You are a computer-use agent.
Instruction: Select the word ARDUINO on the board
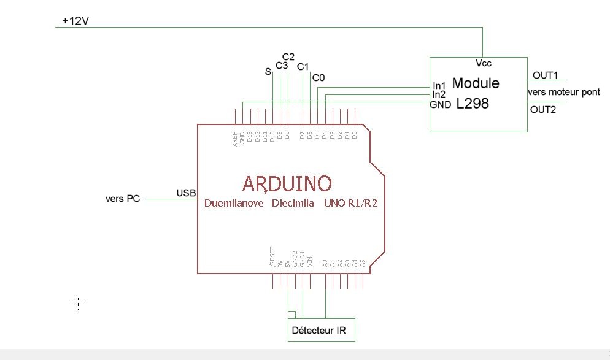point(287,183)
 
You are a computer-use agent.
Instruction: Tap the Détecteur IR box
point(322,330)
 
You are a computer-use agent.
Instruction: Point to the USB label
point(186,193)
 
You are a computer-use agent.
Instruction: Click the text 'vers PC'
point(123,199)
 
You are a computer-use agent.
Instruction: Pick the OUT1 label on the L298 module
point(545,75)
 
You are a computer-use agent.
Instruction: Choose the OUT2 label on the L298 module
point(543,110)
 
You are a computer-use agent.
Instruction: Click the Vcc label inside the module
point(483,63)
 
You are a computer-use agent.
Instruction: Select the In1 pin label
point(439,85)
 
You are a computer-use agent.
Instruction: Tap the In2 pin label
point(439,94)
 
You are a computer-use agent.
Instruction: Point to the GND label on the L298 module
point(441,104)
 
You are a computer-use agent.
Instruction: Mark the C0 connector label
point(319,78)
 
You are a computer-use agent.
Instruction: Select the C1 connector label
point(303,66)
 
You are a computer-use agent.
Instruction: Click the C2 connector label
point(288,57)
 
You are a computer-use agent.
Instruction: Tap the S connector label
point(268,72)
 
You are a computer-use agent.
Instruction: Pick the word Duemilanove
point(234,203)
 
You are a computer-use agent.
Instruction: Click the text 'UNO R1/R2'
point(350,203)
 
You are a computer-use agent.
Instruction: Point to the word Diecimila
point(293,203)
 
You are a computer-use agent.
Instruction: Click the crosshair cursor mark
point(79,303)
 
